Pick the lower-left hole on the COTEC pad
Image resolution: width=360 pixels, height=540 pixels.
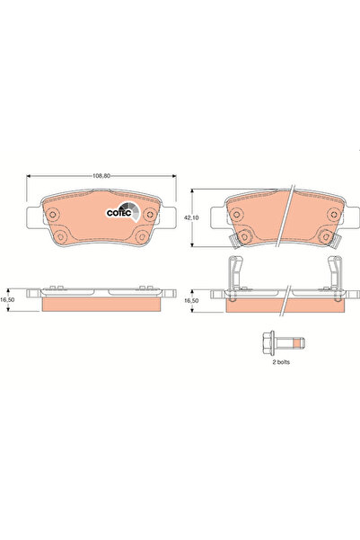pos(63,237)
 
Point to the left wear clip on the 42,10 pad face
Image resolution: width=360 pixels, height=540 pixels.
pos(231,240)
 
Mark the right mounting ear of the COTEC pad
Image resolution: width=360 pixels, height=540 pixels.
pos(171,216)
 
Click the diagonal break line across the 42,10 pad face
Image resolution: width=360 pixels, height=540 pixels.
pos(284,225)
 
